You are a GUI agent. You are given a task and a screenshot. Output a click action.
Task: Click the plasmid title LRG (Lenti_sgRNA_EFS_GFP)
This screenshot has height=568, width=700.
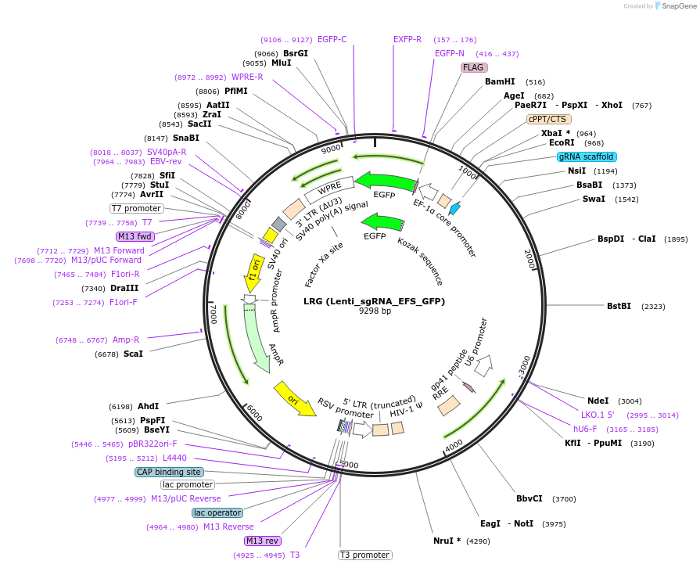pyautogui.click(x=375, y=301)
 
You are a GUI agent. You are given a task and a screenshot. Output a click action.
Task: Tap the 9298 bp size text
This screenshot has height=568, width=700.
pyautogui.click(x=375, y=311)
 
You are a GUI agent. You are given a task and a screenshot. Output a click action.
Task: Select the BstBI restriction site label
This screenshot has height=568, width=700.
pyautogui.click(x=619, y=306)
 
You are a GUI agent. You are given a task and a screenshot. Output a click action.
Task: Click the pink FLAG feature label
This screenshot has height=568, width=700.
pyautogui.click(x=473, y=67)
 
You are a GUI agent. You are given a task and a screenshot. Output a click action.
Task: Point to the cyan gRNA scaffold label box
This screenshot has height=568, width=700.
pyautogui.click(x=587, y=156)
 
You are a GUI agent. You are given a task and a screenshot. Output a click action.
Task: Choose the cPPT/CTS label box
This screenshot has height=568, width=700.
pyautogui.click(x=547, y=119)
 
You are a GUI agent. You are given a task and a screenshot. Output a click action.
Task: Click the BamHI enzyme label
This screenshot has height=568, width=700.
pyautogui.click(x=500, y=81)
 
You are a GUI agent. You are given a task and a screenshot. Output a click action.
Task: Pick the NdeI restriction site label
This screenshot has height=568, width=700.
pyautogui.click(x=598, y=401)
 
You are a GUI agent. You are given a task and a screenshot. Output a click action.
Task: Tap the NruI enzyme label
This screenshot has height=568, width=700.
pyautogui.click(x=447, y=541)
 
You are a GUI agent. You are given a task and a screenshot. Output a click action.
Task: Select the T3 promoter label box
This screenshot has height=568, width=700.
pyautogui.click(x=364, y=555)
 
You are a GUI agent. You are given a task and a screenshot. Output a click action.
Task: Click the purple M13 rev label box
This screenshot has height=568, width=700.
pyautogui.click(x=262, y=541)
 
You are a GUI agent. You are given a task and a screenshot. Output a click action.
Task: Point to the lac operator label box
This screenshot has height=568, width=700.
pyautogui.click(x=217, y=512)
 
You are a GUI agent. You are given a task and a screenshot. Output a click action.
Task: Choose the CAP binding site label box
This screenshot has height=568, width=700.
pyautogui.click(x=169, y=472)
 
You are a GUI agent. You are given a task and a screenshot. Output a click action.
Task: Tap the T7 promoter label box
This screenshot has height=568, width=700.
pyautogui.click(x=136, y=209)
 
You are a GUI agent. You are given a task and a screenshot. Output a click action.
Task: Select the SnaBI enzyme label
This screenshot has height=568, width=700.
pyautogui.click(x=186, y=138)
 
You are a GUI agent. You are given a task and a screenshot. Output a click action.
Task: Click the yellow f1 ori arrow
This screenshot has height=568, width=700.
pyautogui.click(x=255, y=268)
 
